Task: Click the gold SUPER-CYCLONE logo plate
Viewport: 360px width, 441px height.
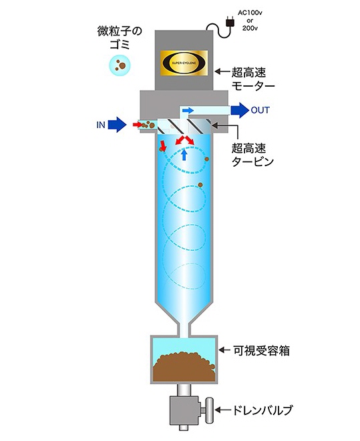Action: pos(184,63)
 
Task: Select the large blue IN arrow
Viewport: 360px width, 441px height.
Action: pos(117,124)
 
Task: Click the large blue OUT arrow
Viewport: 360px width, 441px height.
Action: pos(240,110)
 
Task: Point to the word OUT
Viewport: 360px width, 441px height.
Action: pos(260,110)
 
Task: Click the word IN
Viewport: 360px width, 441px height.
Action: pos(101,125)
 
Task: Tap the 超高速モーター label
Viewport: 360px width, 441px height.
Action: pos(252,79)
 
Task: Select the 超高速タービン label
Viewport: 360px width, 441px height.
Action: pos(252,155)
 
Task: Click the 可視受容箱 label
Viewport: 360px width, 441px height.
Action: pos(261,350)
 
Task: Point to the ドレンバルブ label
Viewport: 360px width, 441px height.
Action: pos(262,410)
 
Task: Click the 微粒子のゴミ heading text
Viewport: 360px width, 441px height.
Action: pos(120,37)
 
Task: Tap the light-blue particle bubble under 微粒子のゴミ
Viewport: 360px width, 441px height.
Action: pos(120,66)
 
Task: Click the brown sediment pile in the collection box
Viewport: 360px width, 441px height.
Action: pos(184,366)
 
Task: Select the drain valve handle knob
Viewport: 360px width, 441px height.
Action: pos(209,410)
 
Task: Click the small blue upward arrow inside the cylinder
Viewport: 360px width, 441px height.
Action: pos(184,155)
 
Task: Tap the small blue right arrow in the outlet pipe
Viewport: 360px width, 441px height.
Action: pos(188,110)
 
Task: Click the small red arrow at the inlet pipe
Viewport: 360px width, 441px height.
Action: pos(138,124)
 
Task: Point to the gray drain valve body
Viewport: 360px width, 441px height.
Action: pos(184,410)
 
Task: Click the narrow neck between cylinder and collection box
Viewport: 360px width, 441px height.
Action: pos(184,330)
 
